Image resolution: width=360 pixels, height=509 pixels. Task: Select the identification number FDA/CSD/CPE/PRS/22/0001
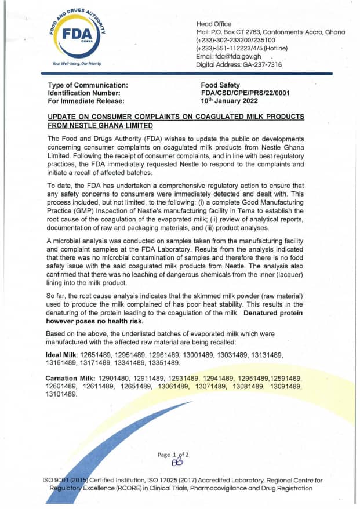pyautogui.click(x=245, y=93)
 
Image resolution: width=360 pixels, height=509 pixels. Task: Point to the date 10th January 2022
pyautogui.click(x=228, y=100)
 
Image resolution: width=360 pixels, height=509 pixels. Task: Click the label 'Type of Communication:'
pyautogui.click(x=88, y=85)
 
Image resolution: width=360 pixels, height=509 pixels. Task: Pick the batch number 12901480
pyautogui.click(x=117, y=378)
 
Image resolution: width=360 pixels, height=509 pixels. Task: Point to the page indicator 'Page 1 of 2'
pyautogui.click(x=173, y=455)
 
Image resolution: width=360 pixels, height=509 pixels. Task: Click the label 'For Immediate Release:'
pyautogui.click(x=85, y=100)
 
